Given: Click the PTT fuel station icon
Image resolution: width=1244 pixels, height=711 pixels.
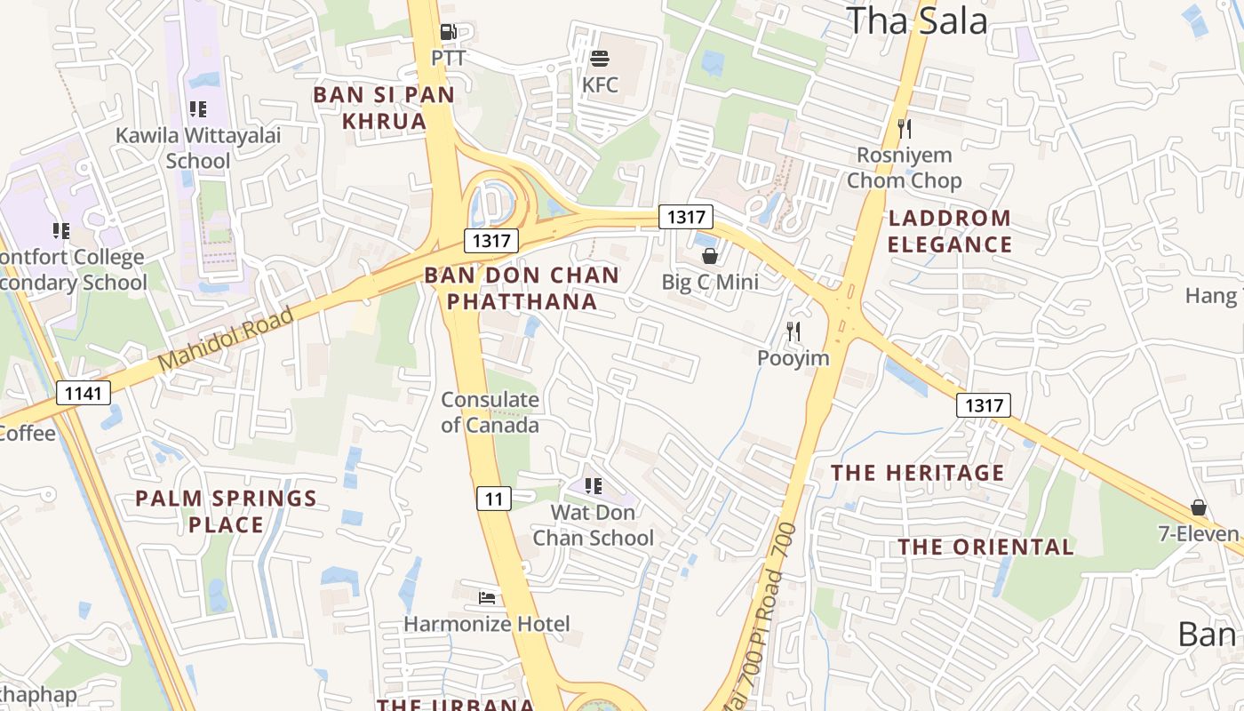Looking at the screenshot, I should pos(449,33).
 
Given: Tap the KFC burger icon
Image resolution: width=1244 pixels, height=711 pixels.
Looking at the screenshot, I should pos(600,60).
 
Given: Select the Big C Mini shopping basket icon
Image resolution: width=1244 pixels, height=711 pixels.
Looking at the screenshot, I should pos(710,257).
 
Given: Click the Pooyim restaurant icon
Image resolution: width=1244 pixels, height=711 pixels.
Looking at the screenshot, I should pos(793,332).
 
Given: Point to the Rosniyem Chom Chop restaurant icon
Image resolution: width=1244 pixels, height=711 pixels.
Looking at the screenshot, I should pos(905,129).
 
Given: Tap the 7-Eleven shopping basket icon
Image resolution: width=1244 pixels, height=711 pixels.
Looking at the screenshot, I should pos(1199,507).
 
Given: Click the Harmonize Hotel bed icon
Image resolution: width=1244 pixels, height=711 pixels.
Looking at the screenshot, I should pos(487,597).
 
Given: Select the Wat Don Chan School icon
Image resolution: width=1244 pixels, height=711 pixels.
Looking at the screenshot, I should pos(594,486).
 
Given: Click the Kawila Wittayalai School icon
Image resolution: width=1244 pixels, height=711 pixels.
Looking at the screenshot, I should pos(198,109).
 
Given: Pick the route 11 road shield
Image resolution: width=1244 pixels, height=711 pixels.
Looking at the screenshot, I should pos(494,499).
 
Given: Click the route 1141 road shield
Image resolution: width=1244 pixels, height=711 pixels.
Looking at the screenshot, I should pos(84,392).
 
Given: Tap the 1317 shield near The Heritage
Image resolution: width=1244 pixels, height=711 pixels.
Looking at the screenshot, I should pos(984,406).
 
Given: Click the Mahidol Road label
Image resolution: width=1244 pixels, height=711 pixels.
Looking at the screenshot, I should pos(226,340).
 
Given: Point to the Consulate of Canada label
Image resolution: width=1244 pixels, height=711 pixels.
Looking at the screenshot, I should pos(490,412).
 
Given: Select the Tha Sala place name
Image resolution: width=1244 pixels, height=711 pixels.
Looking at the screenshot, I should pos(916,20).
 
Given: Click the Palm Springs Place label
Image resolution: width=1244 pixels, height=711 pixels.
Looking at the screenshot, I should pos(226,511).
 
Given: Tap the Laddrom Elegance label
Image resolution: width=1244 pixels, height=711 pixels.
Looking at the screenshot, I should pos(950,231).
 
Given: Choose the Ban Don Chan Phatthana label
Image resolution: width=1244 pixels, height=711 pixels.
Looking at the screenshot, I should pos(522,288).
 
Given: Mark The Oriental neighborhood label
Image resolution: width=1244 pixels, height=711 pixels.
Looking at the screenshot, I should pos(985,547).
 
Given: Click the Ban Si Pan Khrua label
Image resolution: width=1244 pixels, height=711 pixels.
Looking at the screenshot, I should pos(384,108).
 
